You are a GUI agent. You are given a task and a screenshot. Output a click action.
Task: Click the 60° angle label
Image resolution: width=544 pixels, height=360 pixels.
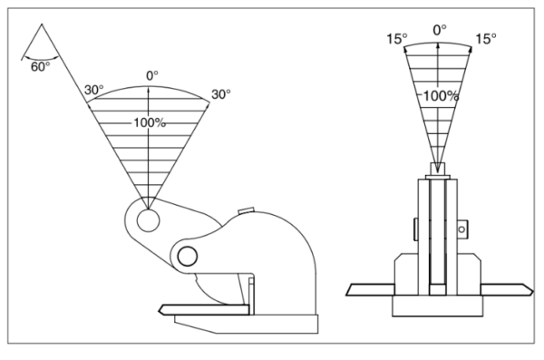pos(40,66)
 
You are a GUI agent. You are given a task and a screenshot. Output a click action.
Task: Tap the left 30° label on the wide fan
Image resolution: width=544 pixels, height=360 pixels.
pos(93,90)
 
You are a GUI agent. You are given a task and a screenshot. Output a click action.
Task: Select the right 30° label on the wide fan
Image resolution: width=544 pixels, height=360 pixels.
pos(221,94)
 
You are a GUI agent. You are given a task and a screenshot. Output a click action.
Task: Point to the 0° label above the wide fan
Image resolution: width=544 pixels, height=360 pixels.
pos(152,75)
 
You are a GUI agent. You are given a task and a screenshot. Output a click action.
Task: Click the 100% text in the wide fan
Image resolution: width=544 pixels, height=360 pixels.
pos(150,122)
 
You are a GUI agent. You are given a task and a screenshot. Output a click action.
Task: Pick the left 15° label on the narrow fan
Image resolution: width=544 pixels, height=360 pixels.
pos(397,38)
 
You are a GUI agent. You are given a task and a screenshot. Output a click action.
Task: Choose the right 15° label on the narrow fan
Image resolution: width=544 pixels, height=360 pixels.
pos(486,38)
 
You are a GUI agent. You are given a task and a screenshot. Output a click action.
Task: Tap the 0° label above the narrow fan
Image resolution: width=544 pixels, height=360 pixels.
pos(440,30)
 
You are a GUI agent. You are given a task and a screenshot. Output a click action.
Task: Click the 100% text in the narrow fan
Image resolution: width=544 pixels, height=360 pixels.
pos(441,95)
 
